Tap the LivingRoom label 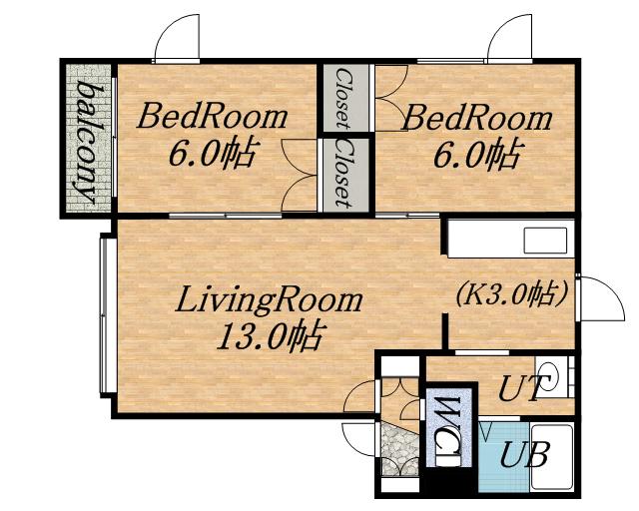click(269, 300)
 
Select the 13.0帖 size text click(271, 335)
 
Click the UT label click(522, 388)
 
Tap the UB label click(523, 454)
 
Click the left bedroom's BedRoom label click(212, 117)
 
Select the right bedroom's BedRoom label click(476, 118)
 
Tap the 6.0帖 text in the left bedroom click(213, 154)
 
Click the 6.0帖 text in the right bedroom click(476, 154)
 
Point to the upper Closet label click(342, 98)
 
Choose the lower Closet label click(343, 174)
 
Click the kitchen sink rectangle click(545, 241)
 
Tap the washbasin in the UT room click(553, 377)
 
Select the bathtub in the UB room click(552, 457)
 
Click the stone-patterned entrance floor click(400, 449)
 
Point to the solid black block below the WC click(450, 482)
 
